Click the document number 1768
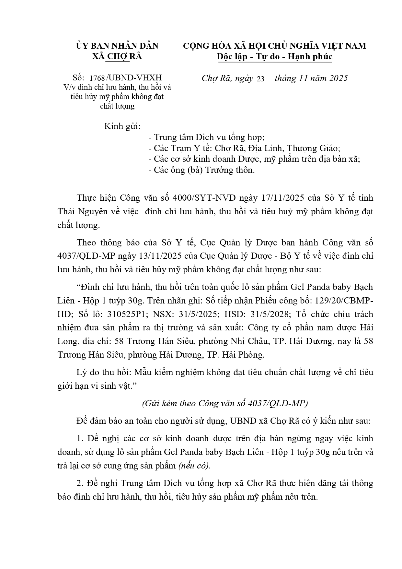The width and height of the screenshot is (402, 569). tap(97, 78)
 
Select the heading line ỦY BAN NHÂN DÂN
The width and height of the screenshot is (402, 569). tap(117, 46)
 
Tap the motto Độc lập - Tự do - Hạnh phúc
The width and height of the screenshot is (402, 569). tap(275, 56)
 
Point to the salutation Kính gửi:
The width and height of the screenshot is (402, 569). tap(122, 126)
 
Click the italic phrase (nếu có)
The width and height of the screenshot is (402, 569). tap(194, 466)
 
